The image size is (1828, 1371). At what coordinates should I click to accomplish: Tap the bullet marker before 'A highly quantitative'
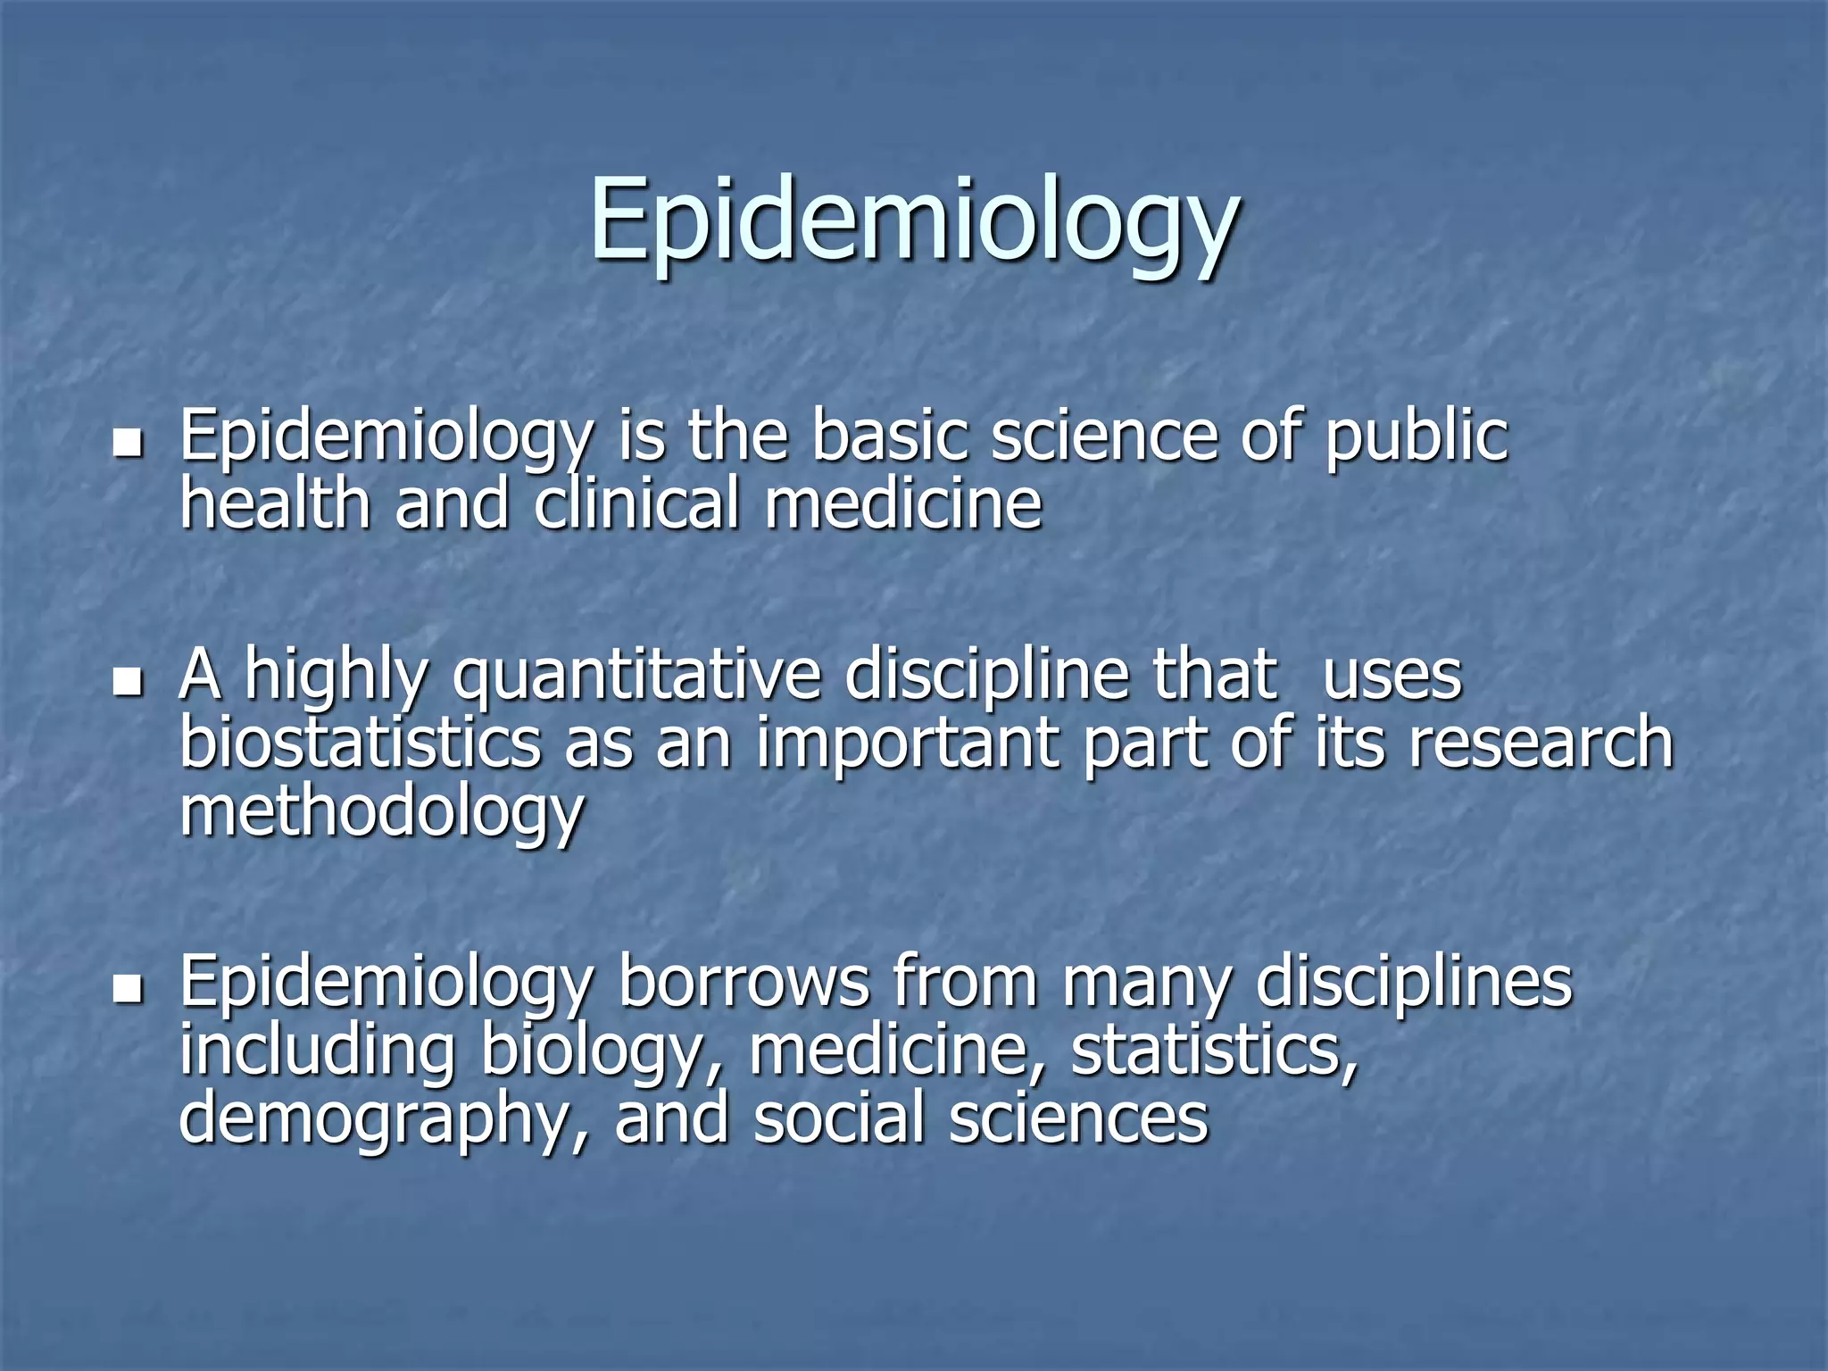(x=129, y=682)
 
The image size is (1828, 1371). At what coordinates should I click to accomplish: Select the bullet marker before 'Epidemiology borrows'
(x=129, y=988)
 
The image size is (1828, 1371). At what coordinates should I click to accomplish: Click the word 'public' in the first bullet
(x=1416, y=437)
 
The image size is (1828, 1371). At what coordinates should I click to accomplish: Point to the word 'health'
(x=275, y=503)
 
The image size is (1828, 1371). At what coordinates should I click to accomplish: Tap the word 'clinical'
(x=636, y=503)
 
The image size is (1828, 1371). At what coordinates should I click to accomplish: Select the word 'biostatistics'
(x=361, y=743)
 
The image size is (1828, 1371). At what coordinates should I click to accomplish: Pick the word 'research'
(x=1541, y=743)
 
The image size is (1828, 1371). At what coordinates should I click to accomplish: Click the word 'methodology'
(x=382, y=812)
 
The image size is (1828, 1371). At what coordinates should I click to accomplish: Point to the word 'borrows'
(x=744, y=982)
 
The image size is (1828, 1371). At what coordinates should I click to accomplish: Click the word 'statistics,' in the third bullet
(x=1213, y=1051)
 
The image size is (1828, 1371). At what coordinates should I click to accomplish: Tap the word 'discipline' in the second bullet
(x=986, y=676)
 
